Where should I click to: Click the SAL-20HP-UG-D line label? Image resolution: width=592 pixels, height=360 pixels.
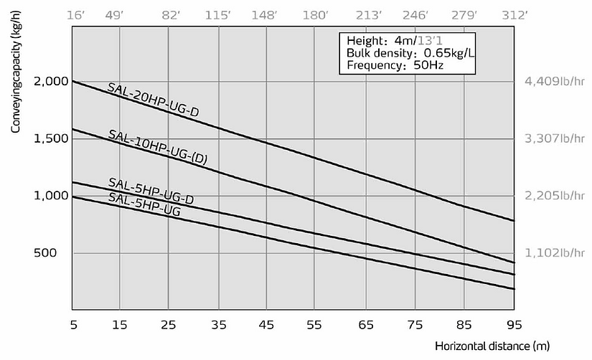coord(154,100)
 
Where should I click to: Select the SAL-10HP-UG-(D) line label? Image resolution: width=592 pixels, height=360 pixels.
coord(157,148)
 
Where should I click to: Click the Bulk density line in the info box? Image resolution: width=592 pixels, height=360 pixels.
coord(408,53)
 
